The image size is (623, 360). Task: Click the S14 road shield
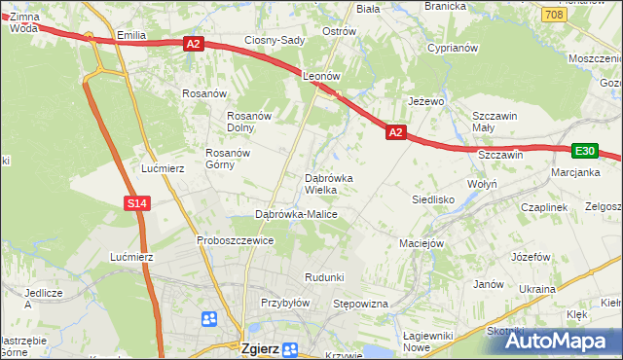coord(136,202)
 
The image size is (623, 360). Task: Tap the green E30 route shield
coord(584,151)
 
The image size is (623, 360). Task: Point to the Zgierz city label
coord(263,346)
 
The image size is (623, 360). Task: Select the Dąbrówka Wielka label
coord(335,184)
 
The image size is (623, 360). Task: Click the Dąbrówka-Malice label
coord(296,213)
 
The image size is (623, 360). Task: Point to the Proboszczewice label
coord(235,240)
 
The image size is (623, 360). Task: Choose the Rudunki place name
coord(324,277)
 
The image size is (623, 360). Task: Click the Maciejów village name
coord(421,243)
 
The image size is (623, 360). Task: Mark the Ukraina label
coord(536,289)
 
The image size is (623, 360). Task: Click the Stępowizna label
coord(361,305)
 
